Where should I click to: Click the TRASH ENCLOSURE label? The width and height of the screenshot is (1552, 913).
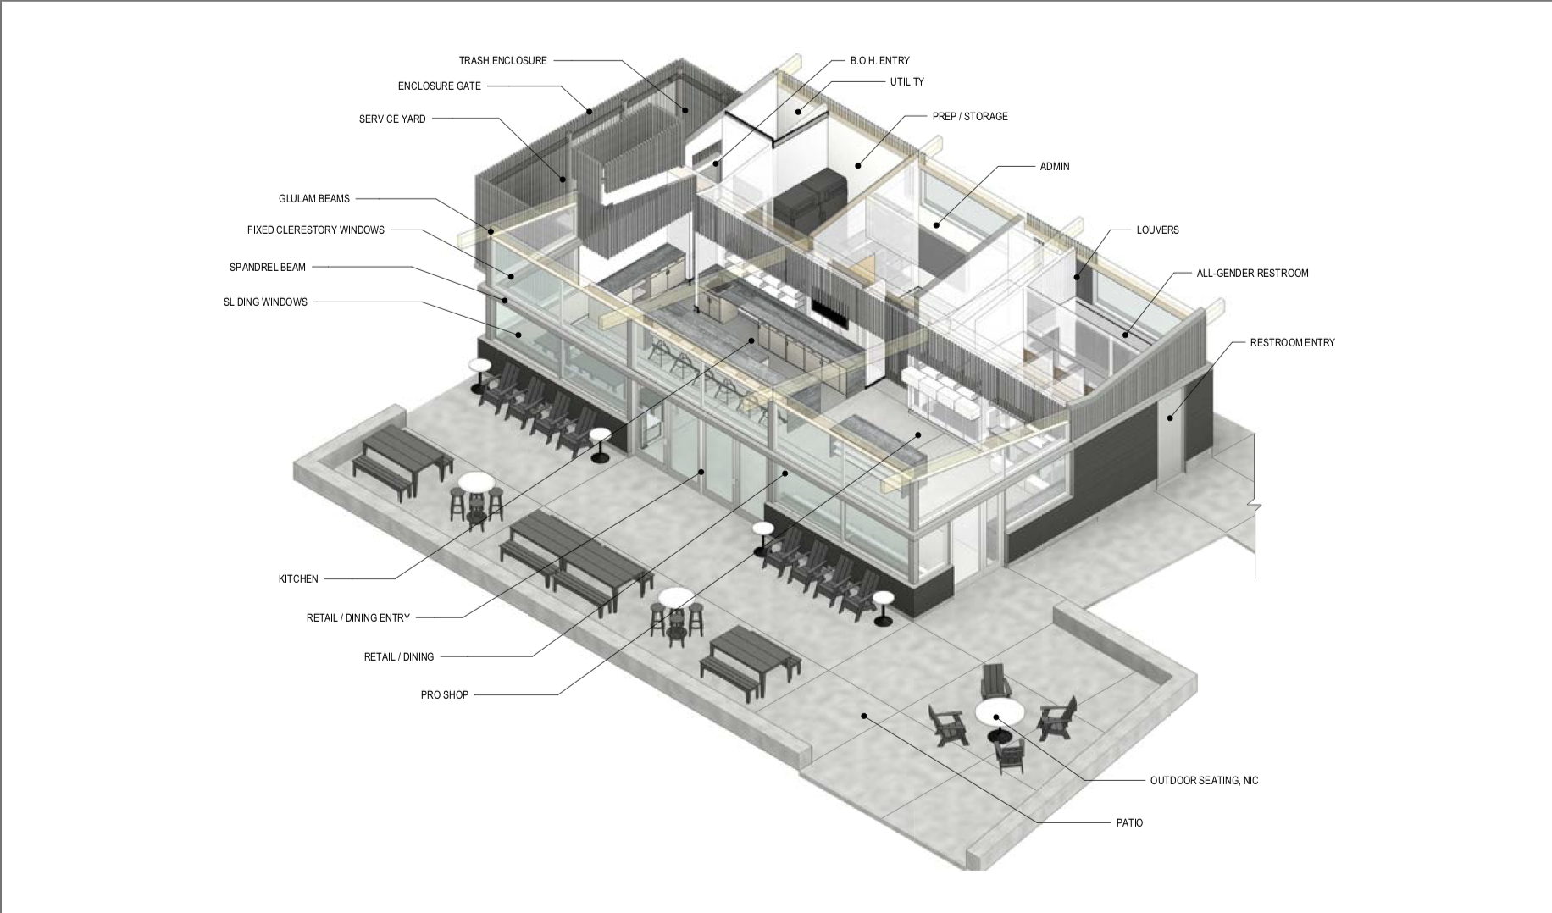[x=503, y=61]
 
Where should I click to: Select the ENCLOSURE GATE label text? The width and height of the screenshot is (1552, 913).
[x=440, y=86]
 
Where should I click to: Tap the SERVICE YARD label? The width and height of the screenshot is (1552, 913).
[x=392, y=119]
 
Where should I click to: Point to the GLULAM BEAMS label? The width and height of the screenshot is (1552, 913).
[x=314, y=199]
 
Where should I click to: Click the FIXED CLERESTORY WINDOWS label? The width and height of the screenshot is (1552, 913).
[x=316, y=230]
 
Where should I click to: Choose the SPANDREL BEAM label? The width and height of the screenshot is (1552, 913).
[x=268, y=268]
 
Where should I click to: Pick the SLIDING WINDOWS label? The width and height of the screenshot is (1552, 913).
[x=265, y=302]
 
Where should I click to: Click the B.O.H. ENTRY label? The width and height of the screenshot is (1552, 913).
[x=880, y=61]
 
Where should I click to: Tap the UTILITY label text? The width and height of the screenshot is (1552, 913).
[x=906, y=82]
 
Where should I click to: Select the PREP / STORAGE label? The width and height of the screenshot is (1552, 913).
[x=970, y=117]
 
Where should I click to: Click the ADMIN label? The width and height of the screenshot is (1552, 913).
[x=1055, y=167]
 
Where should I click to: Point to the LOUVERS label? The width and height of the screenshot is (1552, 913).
[x=1157, y=230]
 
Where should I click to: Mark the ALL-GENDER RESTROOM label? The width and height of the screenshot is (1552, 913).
[x=1252, y=274]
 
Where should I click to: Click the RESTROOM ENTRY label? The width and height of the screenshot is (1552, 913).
[x=1292, y=343]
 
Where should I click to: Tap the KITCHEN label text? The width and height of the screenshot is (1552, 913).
[x=298, y=579]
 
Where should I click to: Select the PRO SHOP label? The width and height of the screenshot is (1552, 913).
[x=445, y=695]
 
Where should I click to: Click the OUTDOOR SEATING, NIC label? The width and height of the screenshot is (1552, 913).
[x=1204, y=781]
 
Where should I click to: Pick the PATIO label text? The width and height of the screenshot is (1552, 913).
[x=1129, y=823]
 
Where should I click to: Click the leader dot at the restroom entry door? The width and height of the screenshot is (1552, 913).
[x=1171, y=417]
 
